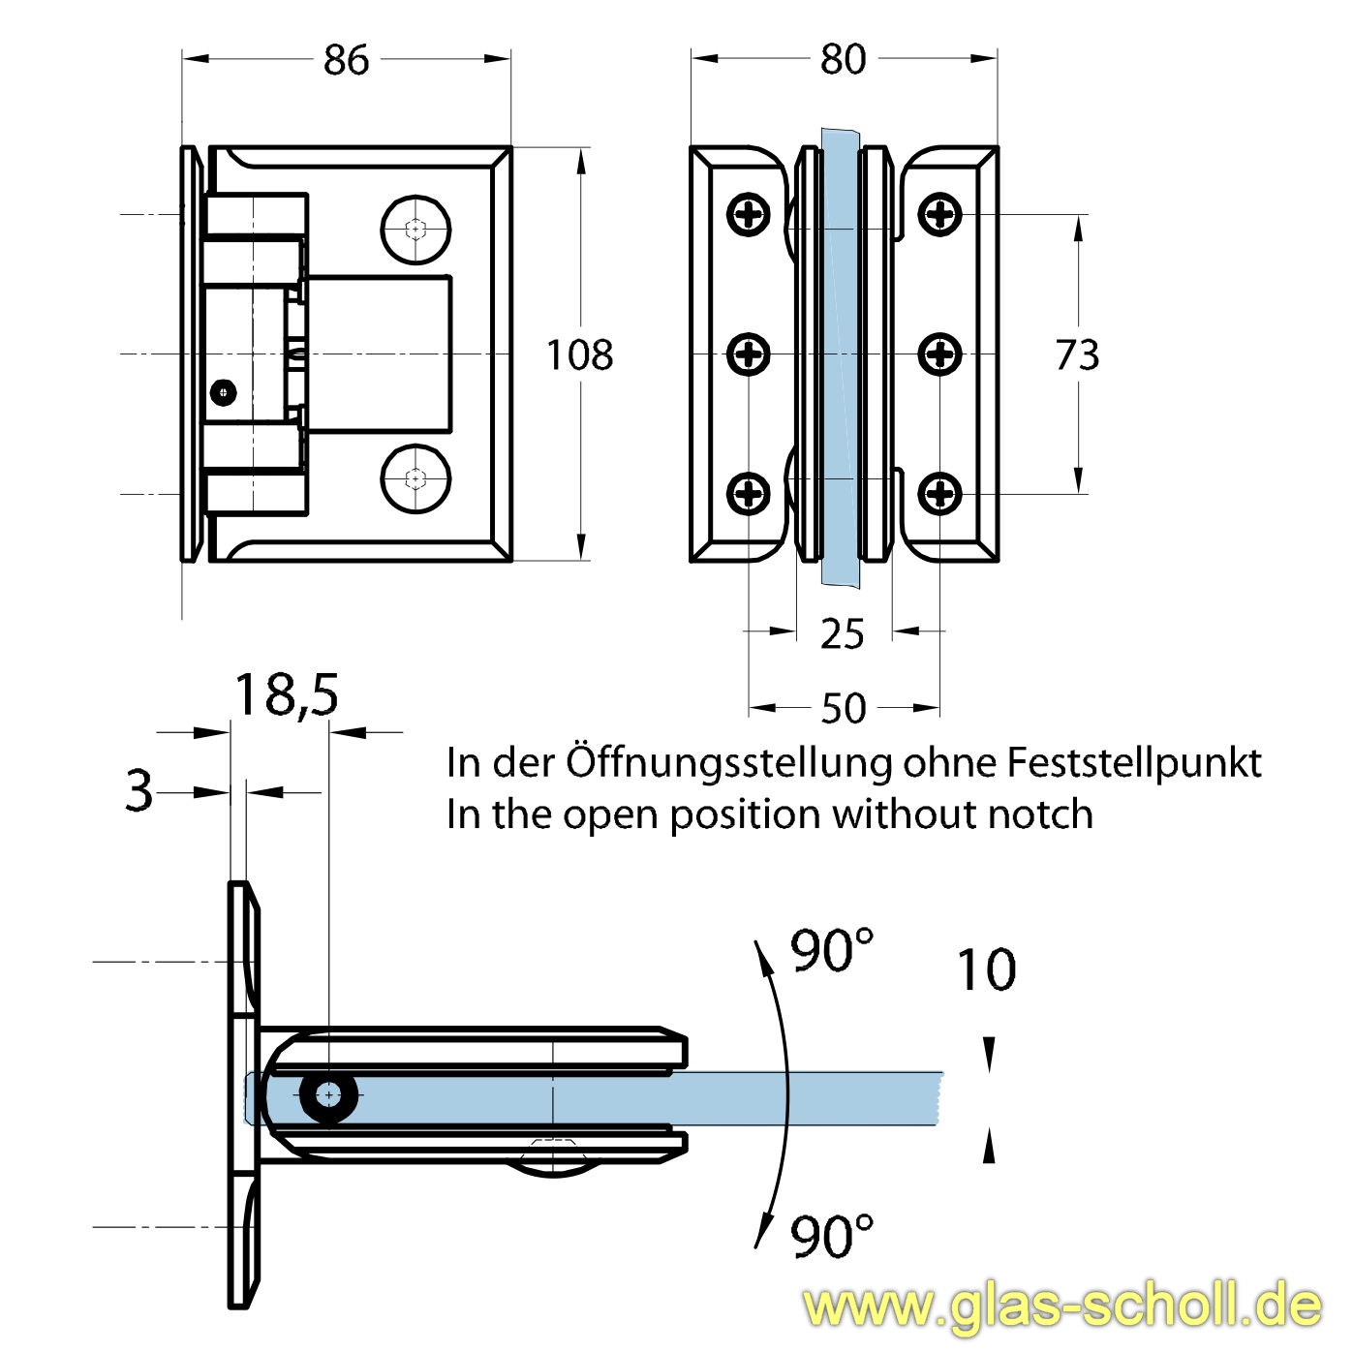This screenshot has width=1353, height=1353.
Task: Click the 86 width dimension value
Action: pyautogui.click(x=346, y=60)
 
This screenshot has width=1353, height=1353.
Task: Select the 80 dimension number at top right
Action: pyautogui.click(x=843, y=60)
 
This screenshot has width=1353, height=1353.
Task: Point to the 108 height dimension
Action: pyautogui.click(x=579, y=355)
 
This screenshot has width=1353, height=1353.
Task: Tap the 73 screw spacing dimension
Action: pyautogui.click(x=1077, y=355)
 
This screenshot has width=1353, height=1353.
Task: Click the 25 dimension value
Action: pyautogui.click(x=842, y=634)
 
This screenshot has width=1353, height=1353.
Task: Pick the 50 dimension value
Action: pyautogui.click(x=843, y=709)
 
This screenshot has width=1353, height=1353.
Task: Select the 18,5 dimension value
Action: pyautogui.click(x=287, y=694)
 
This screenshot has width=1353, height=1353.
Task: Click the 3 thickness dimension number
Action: pyautogui.click(x=139, y=791)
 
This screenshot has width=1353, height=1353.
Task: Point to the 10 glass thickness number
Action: pyautogui.click(x=986, y=969)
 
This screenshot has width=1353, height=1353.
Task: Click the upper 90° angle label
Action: pyautogui.click(x=832, y=951)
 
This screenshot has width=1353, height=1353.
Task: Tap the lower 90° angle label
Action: pyautogui.click(x=832, y=1237)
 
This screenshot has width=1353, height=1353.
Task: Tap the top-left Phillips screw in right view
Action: pyautogui.click(x=750, y=214)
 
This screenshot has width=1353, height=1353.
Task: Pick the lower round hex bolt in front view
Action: pyautogui.click(x=416, y=477)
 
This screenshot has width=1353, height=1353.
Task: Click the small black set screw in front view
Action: pyautogui.click(x=225, y=391)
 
